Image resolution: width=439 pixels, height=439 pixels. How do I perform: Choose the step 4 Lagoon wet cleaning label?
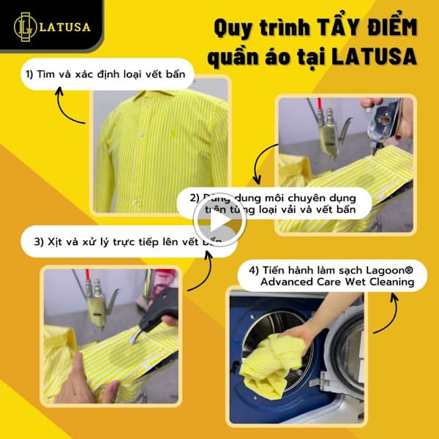click(x=331, y=277)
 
